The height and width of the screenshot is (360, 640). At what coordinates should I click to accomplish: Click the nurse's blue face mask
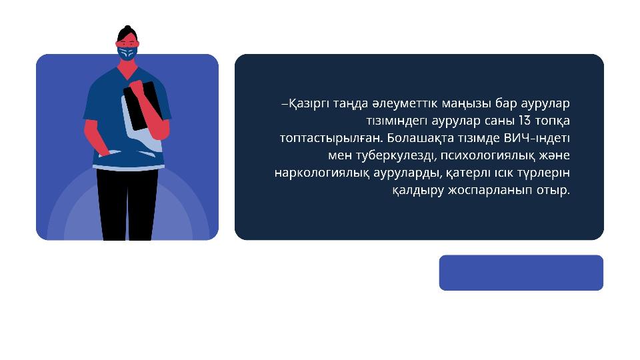[x=127, y=53]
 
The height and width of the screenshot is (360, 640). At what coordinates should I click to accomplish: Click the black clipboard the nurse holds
[x=141, y=106]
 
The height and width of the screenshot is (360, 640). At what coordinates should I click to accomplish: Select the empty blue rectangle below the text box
[x=521, y=273]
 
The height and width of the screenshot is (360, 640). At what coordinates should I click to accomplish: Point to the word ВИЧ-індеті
[x=537, y=138]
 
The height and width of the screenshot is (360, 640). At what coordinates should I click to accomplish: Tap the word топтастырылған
[x=331, y=139]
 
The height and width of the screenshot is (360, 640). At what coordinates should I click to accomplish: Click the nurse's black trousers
[x=127, y=204]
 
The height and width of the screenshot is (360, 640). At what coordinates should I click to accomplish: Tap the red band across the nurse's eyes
[x=127, y=44]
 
